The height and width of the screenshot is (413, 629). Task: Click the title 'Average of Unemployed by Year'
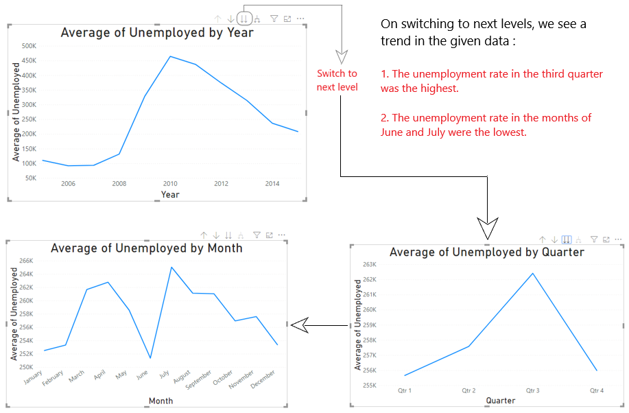157,32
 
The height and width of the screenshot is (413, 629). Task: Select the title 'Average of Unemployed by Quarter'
486,252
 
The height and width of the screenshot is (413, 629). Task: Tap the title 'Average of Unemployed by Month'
147,248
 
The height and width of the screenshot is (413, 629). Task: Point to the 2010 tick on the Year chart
170,184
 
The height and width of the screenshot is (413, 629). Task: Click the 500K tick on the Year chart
29,46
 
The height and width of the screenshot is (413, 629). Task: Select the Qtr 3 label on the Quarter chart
532,390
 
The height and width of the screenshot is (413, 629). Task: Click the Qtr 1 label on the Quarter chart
405,390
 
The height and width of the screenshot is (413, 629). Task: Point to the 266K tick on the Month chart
25,261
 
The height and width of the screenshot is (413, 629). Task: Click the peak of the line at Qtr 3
532,273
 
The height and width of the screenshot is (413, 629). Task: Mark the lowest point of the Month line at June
150,358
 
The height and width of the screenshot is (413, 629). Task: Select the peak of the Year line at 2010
170,56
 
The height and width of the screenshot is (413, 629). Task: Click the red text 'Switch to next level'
337,80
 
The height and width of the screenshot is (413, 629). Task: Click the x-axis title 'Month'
161,401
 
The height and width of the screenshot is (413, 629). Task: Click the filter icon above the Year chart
274,19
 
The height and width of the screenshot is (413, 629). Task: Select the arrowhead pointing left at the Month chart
297,324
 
